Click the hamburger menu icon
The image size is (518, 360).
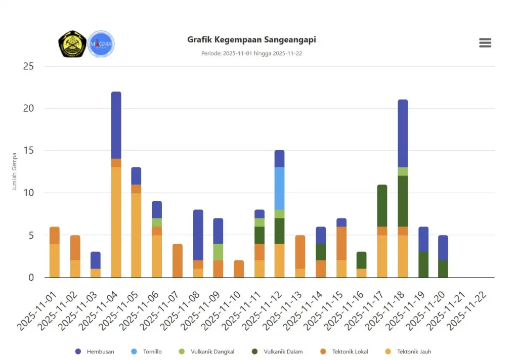coord(485,43)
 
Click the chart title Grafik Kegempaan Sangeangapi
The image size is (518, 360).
coord(251,39)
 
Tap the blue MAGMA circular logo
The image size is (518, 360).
coord(101,44)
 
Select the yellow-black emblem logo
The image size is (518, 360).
coord(72,44)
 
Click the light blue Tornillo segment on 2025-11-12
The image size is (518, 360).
coord(279,188)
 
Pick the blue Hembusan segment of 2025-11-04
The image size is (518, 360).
coord(116,125)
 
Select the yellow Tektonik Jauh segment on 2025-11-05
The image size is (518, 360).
coord(137,235)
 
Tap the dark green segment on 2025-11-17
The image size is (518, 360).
coord(382,206)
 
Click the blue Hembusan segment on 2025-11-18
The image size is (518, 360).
coord(403,133)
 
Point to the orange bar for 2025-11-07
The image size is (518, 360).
coord(178,260)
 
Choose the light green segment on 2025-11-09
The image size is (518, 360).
coord(218,252)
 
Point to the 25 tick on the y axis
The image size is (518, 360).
coord(28,66)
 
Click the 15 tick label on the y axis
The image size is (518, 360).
coord(28,151)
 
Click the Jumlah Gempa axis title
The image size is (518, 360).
coord(14,171)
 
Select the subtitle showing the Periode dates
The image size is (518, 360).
coord(251,54)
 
